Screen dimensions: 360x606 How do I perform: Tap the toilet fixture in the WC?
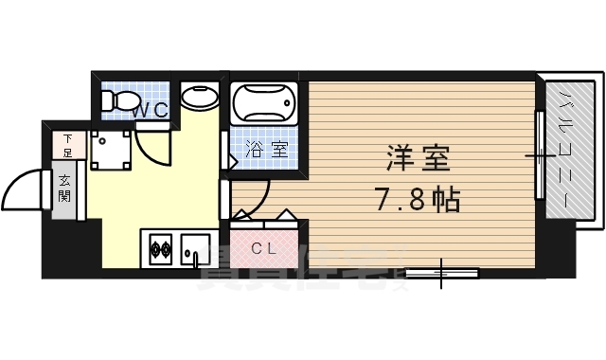pos(118,100)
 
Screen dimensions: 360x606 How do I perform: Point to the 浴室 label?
pos(267,149)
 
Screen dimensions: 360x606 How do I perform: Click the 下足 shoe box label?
pos(67,144)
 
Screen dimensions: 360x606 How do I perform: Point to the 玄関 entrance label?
pos(65,189)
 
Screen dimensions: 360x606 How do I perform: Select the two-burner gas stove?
pos(159,251)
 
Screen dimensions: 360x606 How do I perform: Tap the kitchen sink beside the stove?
pos(196,249)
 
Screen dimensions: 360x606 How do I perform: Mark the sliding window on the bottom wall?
pos(442,274)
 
